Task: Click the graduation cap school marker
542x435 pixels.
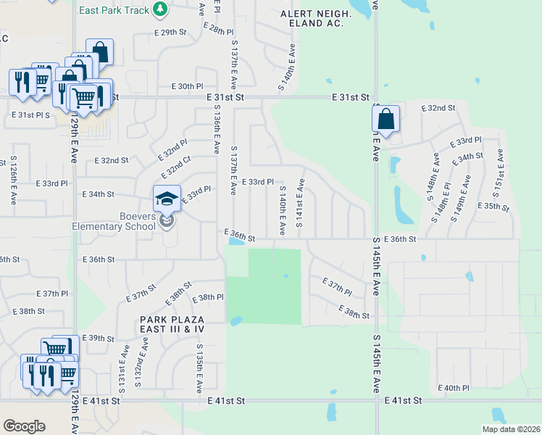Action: click(x=167, y=198)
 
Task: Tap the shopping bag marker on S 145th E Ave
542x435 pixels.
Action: click(x=387, y=118)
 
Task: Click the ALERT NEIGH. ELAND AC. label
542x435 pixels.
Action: click(x=316, y=19)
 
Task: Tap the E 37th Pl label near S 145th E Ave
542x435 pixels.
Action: click(x=336, y=286)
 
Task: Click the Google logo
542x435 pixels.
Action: click(x=24, y=426)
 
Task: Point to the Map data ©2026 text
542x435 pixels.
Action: click(x=510, y=429)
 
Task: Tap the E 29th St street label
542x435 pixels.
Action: click(x=170, y=33)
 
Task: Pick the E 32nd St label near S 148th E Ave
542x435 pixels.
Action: click(x=437, y=108)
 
